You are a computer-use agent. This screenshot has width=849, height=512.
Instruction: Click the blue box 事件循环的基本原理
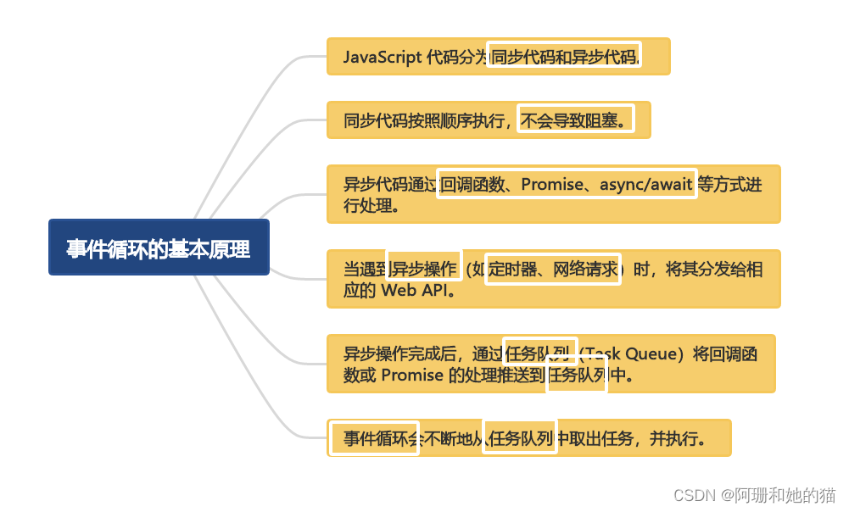[x=159, y=248]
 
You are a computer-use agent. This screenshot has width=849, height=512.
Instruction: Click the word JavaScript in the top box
[x=382, y=57]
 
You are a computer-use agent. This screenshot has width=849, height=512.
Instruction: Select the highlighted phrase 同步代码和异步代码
[x=564, y=57]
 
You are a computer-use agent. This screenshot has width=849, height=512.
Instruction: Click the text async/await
[x=646, y=184]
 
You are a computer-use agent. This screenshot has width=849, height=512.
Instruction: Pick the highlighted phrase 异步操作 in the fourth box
[x=424, y=269]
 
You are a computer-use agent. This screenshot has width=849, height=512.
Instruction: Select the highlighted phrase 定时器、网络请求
[x=553, y=269]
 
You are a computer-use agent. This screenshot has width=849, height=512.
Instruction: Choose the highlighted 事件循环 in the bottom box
[x=374, y=438]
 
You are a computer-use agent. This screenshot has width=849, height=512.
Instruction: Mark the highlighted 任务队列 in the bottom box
[x=520, y=438]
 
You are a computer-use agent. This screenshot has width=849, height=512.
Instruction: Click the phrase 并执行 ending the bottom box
[x=679, y=438]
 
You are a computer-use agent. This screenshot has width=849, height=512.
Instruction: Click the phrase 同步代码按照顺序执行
[x=423, y=120]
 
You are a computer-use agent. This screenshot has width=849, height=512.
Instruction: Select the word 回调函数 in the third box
[x=472, y=184]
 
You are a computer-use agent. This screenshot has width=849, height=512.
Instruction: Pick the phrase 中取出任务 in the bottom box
[x=595, y=438]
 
